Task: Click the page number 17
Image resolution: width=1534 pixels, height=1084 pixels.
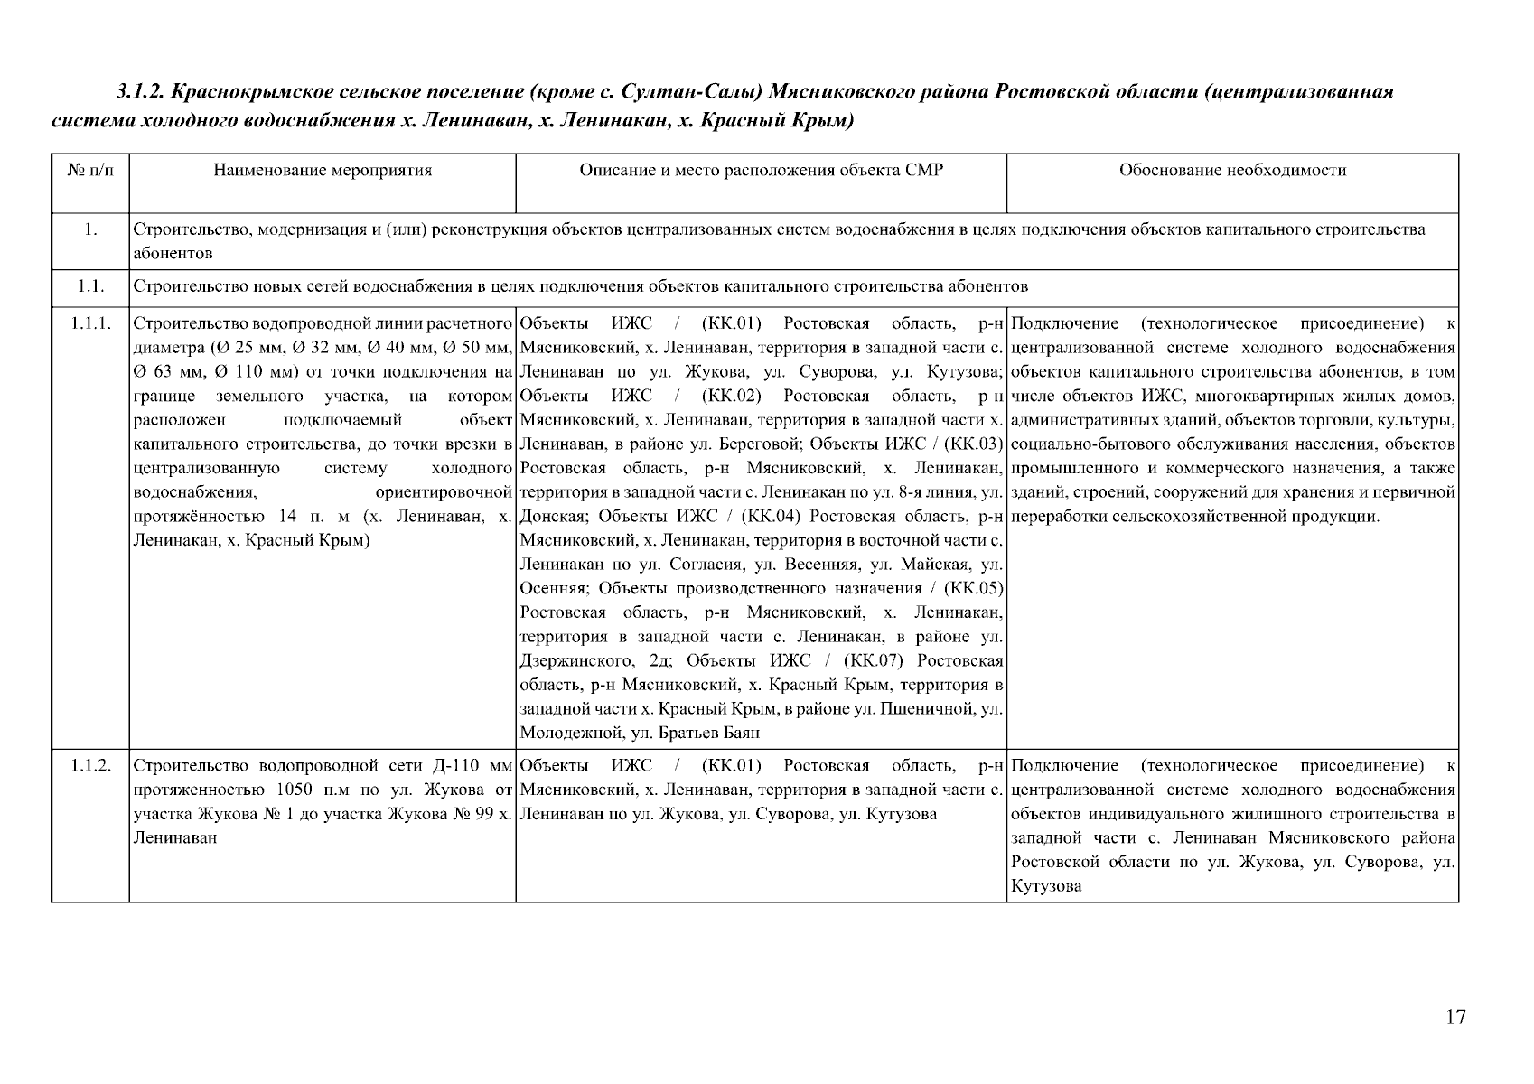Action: point(1455,1017)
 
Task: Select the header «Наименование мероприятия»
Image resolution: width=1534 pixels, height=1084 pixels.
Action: point(323,170)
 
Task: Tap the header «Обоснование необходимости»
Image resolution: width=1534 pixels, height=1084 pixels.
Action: point(1232,170)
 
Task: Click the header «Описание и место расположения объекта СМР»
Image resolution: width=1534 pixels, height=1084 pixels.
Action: point(761,170)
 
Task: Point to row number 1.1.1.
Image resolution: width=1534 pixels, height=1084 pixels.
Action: point(90,323)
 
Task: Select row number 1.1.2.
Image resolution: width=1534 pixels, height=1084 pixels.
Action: point(90,766)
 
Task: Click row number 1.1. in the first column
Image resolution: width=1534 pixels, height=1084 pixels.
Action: point(90,287)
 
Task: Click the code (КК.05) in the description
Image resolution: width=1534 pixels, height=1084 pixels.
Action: point(973,589)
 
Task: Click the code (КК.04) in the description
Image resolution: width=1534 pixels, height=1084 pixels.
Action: point(772,517)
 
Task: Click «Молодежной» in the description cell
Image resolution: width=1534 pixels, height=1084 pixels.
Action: point(560,734)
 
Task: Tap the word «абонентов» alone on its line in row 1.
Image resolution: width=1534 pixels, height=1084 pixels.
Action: point(173,254)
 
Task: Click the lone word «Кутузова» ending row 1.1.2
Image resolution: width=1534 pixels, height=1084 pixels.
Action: point(1046,887)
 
